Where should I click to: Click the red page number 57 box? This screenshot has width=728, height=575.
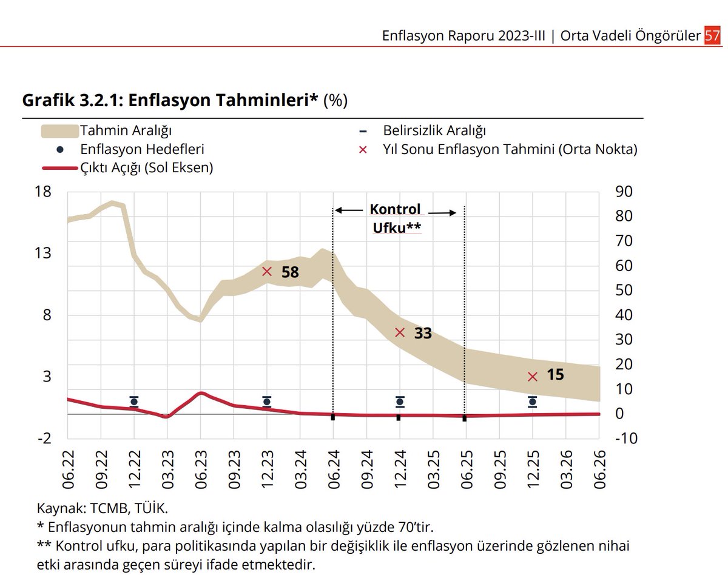712,36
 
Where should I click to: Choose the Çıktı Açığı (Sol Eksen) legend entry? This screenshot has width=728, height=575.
146,168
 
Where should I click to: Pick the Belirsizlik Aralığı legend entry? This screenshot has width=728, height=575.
434,130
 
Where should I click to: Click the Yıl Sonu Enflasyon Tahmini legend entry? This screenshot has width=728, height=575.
510,149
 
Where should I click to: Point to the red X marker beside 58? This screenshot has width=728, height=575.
267,272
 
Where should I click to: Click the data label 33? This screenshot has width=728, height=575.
423,333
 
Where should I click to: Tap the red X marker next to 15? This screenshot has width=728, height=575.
533,377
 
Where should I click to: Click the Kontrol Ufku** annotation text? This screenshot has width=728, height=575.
396,218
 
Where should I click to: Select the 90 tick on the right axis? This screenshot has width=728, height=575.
624,192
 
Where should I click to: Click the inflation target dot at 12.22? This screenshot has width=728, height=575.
134,402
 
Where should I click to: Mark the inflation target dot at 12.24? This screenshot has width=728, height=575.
400,402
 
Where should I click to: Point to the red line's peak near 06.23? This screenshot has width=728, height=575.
201,393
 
